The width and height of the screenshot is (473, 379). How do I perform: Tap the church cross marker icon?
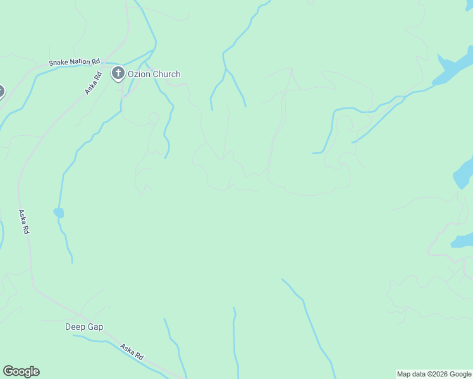pos(118,74)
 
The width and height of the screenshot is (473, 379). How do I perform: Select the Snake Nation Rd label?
pos(75,63)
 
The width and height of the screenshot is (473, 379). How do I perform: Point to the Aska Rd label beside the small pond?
pos(25,222)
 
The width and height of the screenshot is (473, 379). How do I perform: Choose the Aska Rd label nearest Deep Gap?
pos(132,352)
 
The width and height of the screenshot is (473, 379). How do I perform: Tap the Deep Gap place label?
pos(84,327)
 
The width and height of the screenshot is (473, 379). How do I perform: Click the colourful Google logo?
pos(21,371)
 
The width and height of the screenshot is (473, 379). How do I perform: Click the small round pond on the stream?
pos(59,213)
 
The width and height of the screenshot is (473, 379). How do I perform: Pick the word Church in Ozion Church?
pos(167,74)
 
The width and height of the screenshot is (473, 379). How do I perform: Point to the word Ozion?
pos(139,74)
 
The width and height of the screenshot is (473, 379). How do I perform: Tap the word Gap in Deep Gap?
pos(95,327)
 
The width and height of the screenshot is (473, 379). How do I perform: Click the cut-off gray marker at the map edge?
pos(1,92)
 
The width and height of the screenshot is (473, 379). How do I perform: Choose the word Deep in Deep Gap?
pos(75,327)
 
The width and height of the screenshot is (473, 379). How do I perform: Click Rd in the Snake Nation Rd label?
pos(96,61)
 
